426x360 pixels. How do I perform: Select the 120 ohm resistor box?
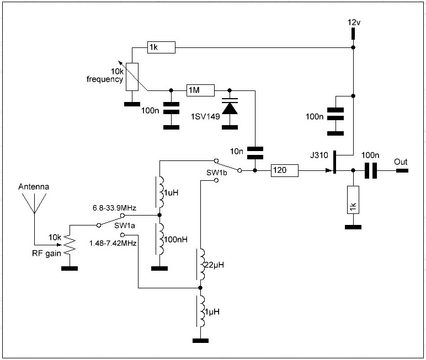pyautogui.click(x=284, y=171)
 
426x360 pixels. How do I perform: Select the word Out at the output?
pyautogui.click(x=401, y=162)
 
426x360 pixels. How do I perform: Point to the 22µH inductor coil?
pyautogui.click(x=201, y=265)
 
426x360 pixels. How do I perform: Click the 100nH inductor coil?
pyautogui.click(x=161, y=239)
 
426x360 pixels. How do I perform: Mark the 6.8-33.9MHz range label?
pyautogui.click(x=115, y=208)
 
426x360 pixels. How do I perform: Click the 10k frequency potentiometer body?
pyautogui.click(x=132, y=77)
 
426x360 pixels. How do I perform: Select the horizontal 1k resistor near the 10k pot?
pyautogui.click(x=161, y=48)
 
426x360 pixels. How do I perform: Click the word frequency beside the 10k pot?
pyautogui.click(x=104, y=79)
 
